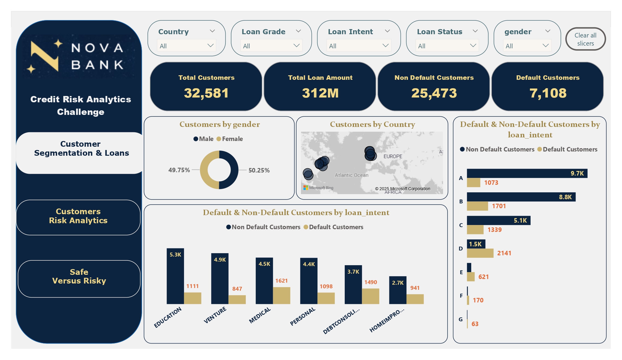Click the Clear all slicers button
[585, 39]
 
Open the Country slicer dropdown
[186, 46]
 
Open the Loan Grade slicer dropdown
[271, 46]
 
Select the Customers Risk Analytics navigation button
[78, 216]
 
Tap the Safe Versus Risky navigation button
[79, 277]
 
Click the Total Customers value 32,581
[206, 93]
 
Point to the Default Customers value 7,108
[548, 93]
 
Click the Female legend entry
[230, 139]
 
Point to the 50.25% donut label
[259, 170]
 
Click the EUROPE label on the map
[393, 156]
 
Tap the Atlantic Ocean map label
[351, 175]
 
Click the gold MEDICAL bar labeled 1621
[281, 295]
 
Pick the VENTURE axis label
[215, 315]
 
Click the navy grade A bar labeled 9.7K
[527, 173]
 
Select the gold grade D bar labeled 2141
[480, 253]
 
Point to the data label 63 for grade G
[475, 324]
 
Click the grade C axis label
[461, 225]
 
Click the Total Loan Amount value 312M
[320, 93]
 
